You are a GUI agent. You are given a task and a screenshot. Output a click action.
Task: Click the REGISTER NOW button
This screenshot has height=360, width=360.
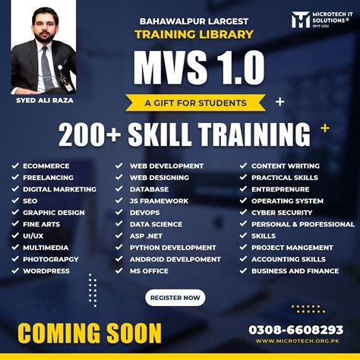[x=175, y=298]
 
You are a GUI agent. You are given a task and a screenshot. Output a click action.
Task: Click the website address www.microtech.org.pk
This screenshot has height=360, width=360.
[x=296, y=341]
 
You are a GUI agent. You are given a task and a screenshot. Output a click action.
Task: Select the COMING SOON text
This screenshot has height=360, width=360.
[x=89, y=332]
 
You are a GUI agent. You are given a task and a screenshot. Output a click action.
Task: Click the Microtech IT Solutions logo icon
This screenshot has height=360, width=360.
[x=302, y=20]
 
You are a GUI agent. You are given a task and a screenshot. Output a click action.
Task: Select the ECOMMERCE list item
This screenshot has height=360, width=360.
[x=46, y=166]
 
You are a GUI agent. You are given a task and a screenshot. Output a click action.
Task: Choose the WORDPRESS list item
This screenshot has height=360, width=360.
[x=46, y=270]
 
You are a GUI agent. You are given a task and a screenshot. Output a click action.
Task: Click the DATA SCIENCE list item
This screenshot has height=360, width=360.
[x=156, y=224]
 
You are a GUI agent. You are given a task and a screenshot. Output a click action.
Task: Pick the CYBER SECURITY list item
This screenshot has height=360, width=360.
[x=282, y=213]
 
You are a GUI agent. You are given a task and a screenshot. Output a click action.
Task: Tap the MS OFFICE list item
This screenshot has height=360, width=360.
[x=149, y=270]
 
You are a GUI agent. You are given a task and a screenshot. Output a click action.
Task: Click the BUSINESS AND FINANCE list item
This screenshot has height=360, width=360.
[x=295, y=270]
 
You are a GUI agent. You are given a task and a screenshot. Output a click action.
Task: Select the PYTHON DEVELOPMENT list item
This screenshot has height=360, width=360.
[x=172, y=248]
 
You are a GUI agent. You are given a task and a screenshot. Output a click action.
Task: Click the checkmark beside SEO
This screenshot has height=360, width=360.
[x=15, y=201]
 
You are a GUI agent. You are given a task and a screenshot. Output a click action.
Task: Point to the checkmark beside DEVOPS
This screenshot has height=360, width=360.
[x=119, y=213]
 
